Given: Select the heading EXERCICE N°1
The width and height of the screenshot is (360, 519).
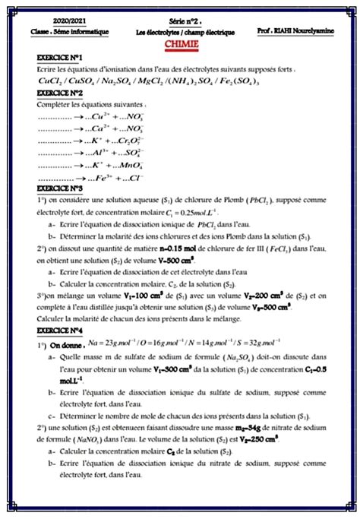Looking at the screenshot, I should point(60,58).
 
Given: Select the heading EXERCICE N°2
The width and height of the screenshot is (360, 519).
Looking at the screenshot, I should point(60,92).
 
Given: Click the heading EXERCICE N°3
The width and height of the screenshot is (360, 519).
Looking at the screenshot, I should point(60,187).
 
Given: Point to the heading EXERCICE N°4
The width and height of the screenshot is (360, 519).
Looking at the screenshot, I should point(60,331).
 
